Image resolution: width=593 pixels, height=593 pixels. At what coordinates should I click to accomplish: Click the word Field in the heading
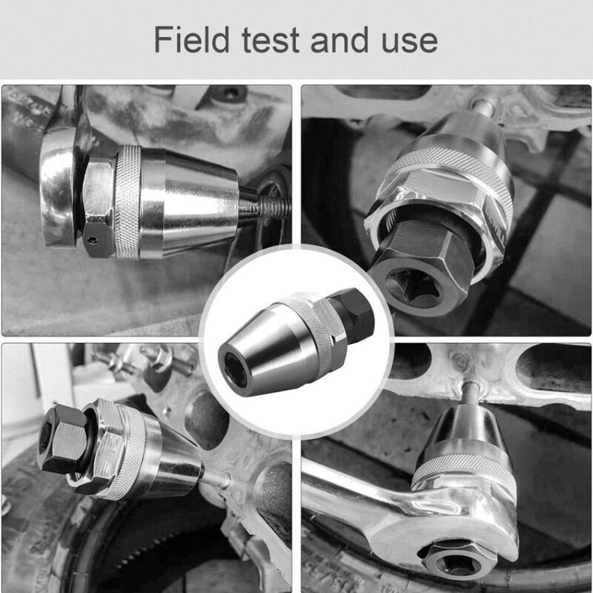pyautogui.click(x=192, y=39)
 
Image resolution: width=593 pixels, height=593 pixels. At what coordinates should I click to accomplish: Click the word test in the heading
pyautogui.click(x=271, y=40)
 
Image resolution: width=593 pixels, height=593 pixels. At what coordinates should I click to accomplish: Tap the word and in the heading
pyautogui.click(x=339, y=39)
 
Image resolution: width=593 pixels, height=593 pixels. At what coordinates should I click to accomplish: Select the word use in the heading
pyautogui.click(x=410, y=42)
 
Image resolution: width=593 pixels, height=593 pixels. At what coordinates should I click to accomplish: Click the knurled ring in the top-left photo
pyautogui.click(x=127, y=202)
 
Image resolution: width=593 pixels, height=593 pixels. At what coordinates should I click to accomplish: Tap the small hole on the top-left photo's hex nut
pyautogui.click(x=92, y=239)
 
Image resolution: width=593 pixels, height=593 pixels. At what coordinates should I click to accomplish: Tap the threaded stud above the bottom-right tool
pyautogui.click(x=469, y=394)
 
